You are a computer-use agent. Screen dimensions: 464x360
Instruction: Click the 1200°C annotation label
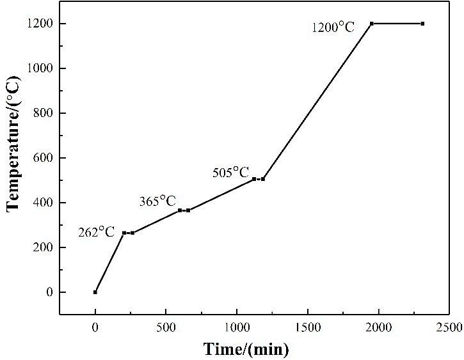tap(333, 27)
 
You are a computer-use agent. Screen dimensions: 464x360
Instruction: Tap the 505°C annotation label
tap(230, 173)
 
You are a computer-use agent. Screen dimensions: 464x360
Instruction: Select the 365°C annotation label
tap(157, 201)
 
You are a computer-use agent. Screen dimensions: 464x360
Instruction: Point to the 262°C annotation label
tap(96, 232)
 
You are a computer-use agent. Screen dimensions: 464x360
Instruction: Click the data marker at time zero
tap(95, 292)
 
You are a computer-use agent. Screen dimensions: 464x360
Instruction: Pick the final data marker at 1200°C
tap(422, 24)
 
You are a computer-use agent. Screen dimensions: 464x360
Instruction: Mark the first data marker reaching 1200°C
tap(372, 24)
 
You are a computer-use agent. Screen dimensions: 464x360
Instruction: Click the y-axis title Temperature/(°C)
tap(13, 143)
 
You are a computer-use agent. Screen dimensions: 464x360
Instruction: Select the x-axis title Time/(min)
tap(246, 349)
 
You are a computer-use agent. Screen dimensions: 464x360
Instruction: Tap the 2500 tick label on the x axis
tap(449, 327)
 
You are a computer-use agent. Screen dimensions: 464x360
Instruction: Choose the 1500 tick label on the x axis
tap(308, 327)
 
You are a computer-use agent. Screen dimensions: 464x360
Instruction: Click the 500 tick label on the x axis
tap(166, 327)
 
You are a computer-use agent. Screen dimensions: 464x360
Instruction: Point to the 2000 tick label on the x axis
tap(378, 327)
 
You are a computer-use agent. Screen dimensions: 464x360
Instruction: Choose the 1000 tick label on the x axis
tap(237, 327)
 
